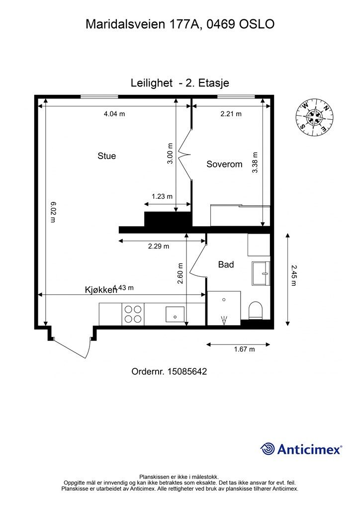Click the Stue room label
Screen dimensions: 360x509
tap(106, 156)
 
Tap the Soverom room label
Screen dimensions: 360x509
tap(224, 164)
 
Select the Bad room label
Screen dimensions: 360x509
tap(226, 264)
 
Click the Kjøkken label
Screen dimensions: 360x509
tap(101, 290)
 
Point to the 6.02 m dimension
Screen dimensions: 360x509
tap(53, 212)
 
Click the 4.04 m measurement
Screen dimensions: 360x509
tap(114, 114)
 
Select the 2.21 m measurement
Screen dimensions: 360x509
tap(231, 114)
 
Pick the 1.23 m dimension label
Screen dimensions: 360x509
tap(162, 196)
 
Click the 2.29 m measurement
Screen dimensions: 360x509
tap(159, 246)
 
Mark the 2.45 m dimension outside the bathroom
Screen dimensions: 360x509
tap(293, 275)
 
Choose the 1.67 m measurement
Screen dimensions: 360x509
tap(245, 349)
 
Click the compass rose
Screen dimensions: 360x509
tap(315, 117)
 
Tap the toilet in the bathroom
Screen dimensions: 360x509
tap(255, 310)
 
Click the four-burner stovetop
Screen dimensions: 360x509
tap(133, 314)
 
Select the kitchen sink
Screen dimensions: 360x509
tap(175, 315)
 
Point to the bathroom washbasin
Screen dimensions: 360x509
tap(261, 274)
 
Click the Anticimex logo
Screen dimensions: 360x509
tap(301, 449)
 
